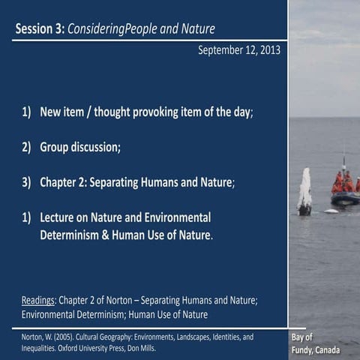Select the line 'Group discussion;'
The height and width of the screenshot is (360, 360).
80,147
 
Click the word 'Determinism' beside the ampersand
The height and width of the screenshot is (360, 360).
74,234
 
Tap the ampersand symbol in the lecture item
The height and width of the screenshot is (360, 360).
115,234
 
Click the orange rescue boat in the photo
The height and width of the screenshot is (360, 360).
344,192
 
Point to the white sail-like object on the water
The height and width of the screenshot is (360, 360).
304,192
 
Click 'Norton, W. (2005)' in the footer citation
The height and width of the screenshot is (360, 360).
48,337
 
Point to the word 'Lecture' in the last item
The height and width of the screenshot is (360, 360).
61,217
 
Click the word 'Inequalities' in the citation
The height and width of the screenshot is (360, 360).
40,348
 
